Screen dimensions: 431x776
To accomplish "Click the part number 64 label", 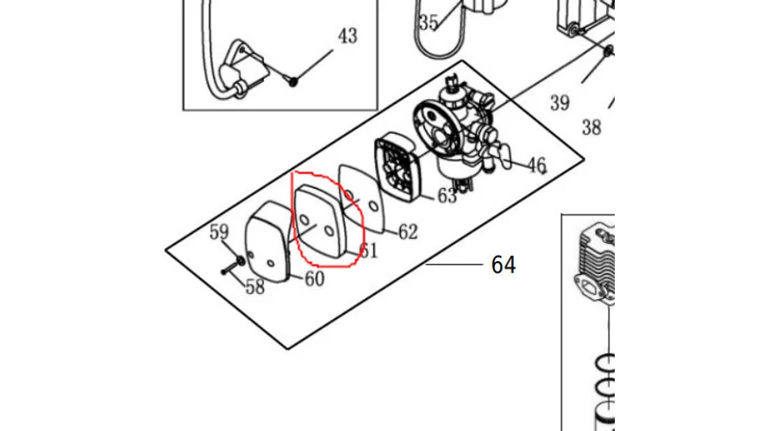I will [x=503, y=265].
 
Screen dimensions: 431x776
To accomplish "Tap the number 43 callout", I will [x=347, y=36].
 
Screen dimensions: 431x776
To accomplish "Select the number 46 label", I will [x=536, y=165].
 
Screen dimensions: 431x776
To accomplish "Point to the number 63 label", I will [x=447, y=196].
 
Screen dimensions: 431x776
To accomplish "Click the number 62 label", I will [x=407, y=231].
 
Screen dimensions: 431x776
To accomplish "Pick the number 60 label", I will [x=314, y=278].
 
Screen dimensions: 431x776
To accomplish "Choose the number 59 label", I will [x=220, y=232].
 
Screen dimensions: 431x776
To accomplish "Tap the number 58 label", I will [x=254, y=287].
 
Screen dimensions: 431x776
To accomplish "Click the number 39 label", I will [x=560, y=103].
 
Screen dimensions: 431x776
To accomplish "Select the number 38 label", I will [x=591, y=128].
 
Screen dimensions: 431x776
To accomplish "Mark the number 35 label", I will [x=429, y=23].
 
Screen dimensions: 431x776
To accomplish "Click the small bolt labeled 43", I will [x=293, y=81].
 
